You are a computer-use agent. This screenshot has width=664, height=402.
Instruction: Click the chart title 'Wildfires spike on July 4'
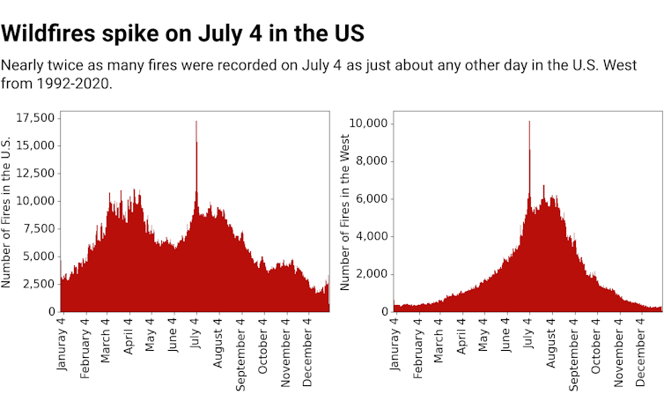pyautogui.click(x=182, y=33)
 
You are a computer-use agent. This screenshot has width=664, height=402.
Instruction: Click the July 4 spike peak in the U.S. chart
pyautogui.click(x=196, y=122)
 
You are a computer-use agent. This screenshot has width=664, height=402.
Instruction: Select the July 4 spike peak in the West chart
pyautogui.click(x=529, y=122)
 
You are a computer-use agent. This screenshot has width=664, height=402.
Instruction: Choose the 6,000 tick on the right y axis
pyautogui.click(x=368, y=199)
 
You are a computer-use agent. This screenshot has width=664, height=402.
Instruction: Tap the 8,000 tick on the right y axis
pyautogui.click(x=368, y=161)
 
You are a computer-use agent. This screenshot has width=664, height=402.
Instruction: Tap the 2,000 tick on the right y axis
pyautogui.click(x=368, y=274)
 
